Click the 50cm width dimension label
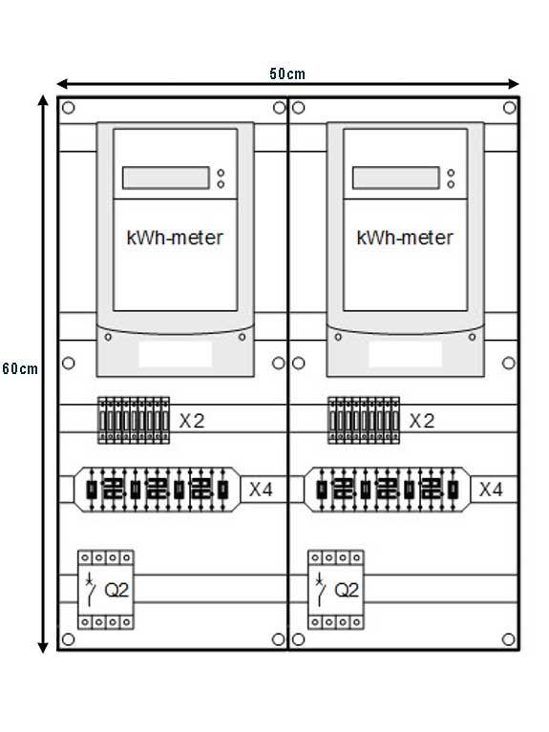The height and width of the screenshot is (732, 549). tap(286, 73)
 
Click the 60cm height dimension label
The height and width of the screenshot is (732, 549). tap(20, 368)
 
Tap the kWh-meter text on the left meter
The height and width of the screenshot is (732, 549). tap(175, 238)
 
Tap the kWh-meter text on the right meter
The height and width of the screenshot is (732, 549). tap(405, 238)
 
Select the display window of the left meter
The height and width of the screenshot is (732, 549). tap(166, 178)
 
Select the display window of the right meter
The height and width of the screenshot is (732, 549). tap(395, 178)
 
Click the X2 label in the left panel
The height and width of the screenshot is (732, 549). tap(192, 421)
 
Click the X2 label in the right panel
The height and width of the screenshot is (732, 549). tap(422, 421)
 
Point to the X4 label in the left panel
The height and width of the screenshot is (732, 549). tap(261, 490)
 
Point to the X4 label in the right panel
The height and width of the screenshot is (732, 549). tap(491, 490)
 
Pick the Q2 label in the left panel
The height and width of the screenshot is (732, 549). tap(116, 590)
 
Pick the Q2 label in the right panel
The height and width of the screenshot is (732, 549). tap(347, 590)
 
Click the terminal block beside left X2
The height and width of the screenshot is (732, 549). tap(134, 420)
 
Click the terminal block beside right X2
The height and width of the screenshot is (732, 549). tap(364, 420)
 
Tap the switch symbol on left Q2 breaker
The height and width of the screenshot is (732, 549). tap(90, 589)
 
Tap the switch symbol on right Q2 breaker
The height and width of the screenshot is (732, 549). tap(320, 589)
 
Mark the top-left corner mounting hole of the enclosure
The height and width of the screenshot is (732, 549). tap(68, 108)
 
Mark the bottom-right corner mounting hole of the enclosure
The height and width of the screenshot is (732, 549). tap(509, 639)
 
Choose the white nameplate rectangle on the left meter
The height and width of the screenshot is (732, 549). tap(176, 353)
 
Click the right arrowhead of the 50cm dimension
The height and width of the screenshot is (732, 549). tap(513, 84)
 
